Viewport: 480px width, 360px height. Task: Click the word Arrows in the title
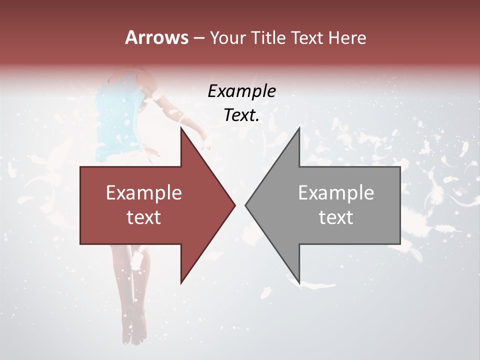pyautogui.click(x=156, y=37)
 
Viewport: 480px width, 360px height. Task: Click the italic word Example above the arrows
pyautogui.click(x=241, y=91)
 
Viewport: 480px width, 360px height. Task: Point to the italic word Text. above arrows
pyautogui.click(x=241, y=115)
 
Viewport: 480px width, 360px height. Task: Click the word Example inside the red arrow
pyautogui.click(x=143, y=192)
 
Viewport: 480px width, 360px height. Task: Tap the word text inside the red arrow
pyautogui.click(x=143, y=217)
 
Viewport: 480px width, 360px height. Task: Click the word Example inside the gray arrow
pyautogui.click(x=336, y=192)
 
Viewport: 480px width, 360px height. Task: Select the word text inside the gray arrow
pyautogui.click(x=336, y=217)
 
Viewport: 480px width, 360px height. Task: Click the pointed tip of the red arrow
pyautogui.click(x=234, y=205)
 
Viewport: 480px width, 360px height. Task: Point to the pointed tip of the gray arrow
pyautogui.click(x=246, y=205)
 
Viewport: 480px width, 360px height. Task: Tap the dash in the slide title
pyautogui.click(x=198, y=38)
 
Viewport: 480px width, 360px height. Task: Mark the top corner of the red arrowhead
pyautogui.click(x=181, y=128)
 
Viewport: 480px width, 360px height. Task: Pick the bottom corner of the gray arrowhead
pyautogui.click(x=299, y=282)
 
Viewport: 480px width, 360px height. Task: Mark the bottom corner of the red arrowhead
pyautogui.click(x=181, y=282)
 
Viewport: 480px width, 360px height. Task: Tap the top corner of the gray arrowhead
pyautogui.click(x=299, y=128)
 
